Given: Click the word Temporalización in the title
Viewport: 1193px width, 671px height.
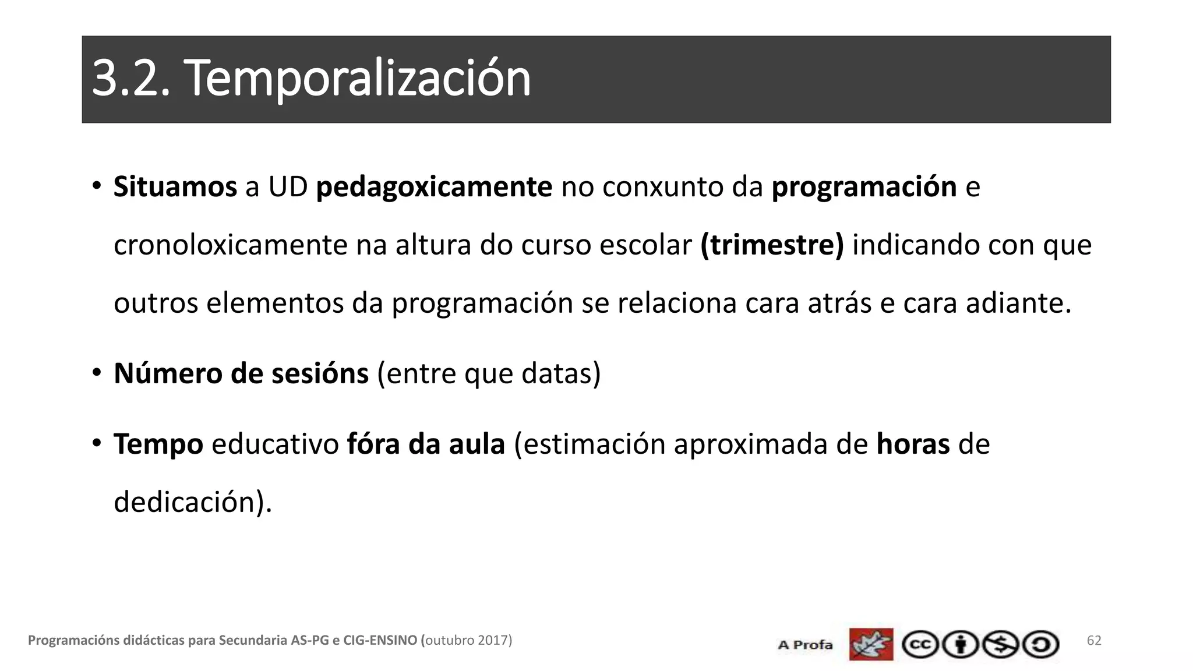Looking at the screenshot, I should coord(357,79).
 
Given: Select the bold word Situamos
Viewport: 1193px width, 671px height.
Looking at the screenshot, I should coord(175,187).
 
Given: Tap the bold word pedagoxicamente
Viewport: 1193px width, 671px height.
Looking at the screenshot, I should coord(434,187).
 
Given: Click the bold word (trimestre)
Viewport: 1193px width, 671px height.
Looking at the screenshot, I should coord(772,245).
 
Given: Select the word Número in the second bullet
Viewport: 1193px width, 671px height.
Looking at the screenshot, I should coord(168,373).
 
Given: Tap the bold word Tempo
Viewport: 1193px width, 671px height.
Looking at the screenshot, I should coord(158,444).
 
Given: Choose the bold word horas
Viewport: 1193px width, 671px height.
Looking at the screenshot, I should coord(913,444).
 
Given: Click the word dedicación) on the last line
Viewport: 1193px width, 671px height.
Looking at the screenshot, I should coord(193,502).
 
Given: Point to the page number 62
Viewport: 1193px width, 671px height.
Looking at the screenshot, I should coord(1094,641).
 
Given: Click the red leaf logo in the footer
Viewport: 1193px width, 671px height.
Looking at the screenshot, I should coord(871,644).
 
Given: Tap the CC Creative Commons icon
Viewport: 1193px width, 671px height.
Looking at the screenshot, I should coord(920,645).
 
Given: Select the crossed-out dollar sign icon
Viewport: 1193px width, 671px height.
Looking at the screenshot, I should coord(1000,645).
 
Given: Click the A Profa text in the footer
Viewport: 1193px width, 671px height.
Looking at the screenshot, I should coord(805,645).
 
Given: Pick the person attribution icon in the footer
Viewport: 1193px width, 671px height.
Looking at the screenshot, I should coord(960,645).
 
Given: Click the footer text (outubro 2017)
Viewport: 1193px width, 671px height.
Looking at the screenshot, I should coord(466,641).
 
